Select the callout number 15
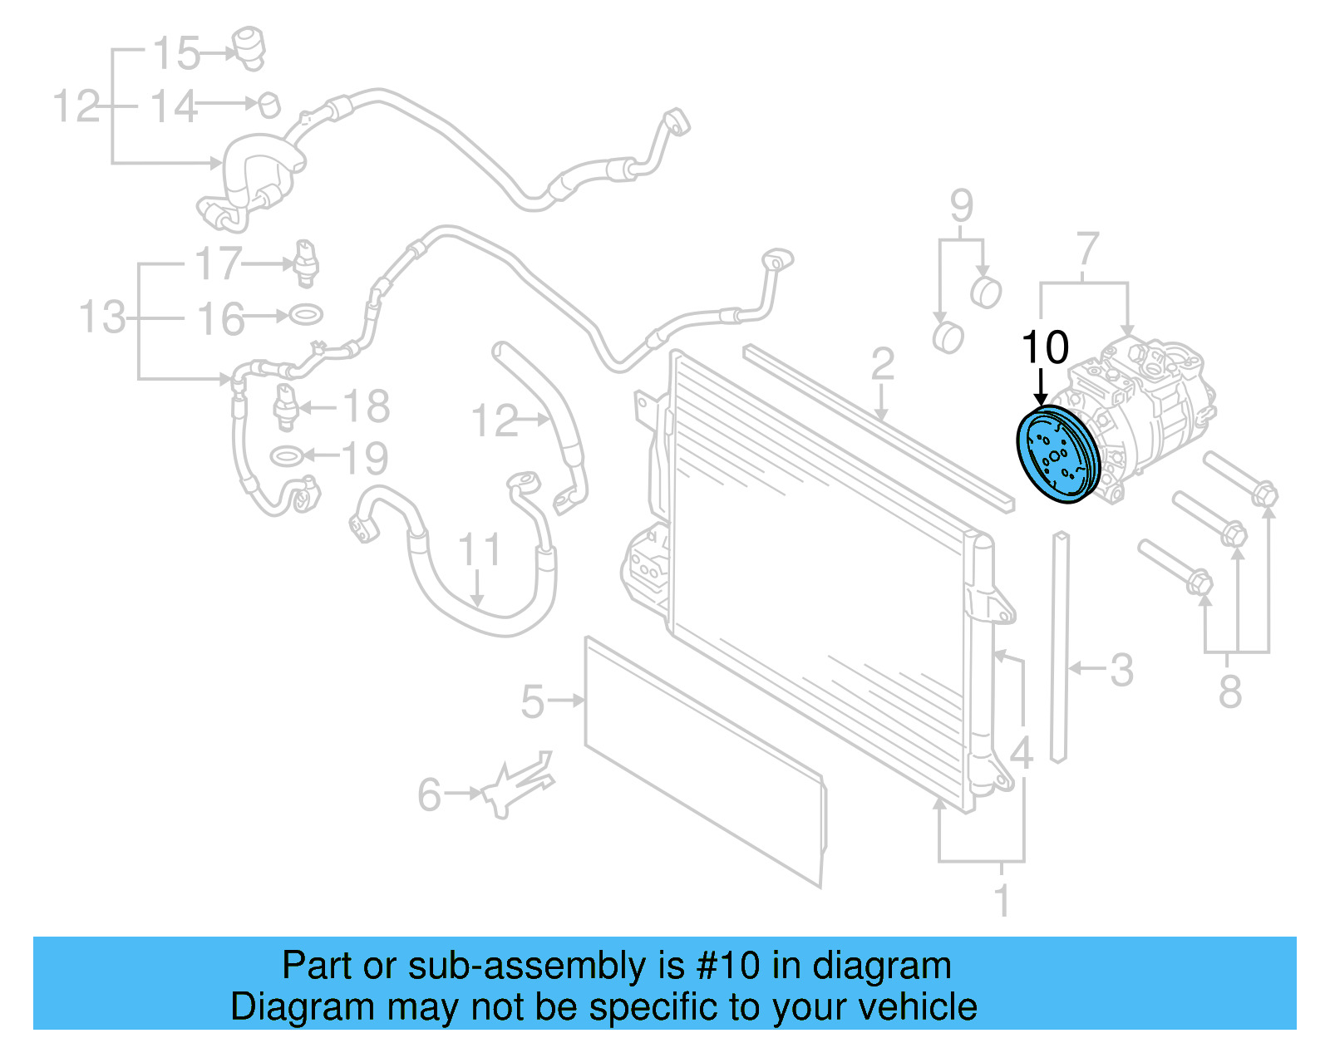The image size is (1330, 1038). [176, 53]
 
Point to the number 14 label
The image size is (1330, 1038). [174, 107]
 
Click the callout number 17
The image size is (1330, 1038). [219, 264]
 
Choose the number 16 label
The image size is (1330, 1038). [221, 319]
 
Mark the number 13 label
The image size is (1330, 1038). [102, 317]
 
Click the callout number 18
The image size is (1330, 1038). [366, 406]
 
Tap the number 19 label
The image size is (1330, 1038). [365, 457]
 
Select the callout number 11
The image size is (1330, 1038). [480, 550]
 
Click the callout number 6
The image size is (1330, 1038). [429, 794]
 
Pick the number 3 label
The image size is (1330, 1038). [1121, 670]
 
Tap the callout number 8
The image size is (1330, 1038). [1229, 691]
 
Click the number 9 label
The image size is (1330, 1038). [961, 205]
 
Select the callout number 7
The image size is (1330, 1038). [1087, 248]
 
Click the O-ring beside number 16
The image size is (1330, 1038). [305, 315]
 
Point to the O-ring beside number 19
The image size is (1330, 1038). [285, 455]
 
